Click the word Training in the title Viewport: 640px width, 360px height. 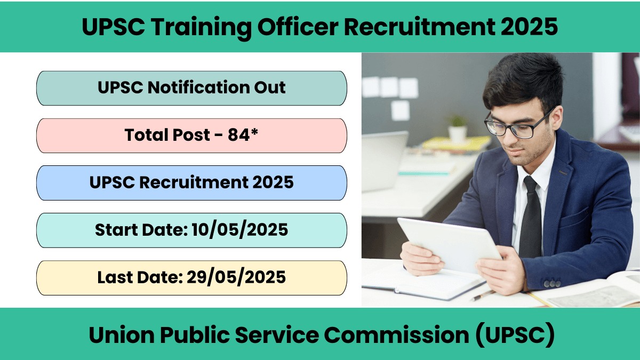pos(201,28)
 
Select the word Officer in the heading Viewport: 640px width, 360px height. pos(298,27)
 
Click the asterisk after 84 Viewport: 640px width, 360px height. pos(254,132)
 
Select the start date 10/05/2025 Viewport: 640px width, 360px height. pos(239,230)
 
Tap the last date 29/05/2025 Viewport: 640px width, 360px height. pos(236,277)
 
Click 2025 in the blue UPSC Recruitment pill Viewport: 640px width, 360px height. pos(273,182)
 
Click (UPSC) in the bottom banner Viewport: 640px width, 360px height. pos(515,335)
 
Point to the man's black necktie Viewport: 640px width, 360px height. pos(530,217)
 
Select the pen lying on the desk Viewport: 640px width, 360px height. pos(482,295)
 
